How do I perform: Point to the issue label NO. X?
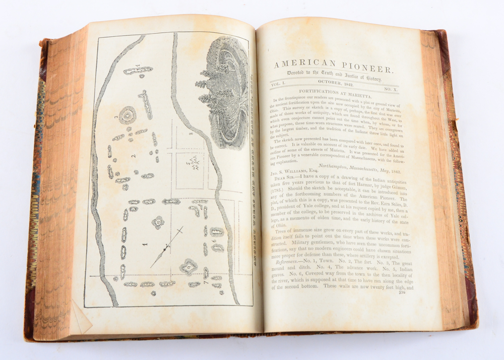(388, 89)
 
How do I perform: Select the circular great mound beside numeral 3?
(127, 113)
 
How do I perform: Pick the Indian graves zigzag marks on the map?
(193, 164)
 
